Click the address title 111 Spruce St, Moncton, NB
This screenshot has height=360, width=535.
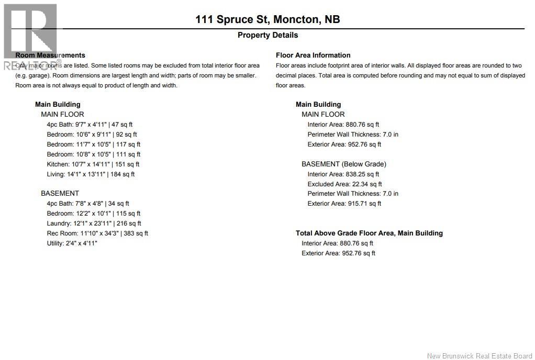click(x=267, y=19)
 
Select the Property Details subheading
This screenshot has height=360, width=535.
click(x=267, y=35)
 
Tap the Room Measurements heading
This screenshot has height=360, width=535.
click(x=50, y=55)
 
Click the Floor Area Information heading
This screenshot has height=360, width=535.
click(x=313, y=55)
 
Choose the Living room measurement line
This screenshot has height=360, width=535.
click(x=91, y=174)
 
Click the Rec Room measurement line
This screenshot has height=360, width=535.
click(x=97, y=233)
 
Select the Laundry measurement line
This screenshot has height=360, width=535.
click(x=94, y=223)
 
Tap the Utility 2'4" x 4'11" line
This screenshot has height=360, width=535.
click(x=72, y=243)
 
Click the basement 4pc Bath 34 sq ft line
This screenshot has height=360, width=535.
click(x=88, y=204)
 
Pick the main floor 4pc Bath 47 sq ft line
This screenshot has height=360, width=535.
click(x=90, y=125)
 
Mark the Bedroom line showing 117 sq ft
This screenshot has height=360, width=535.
click(x=93, y=144)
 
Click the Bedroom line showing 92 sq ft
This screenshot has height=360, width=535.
click(x=92, y=134)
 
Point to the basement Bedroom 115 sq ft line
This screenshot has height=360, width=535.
click(x=93, y=213)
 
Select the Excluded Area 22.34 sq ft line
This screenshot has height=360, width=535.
click(x=344, y=184)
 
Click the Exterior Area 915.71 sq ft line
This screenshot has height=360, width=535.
click(x=344, y=204)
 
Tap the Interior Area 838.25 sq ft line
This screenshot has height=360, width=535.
click(x=343, y=174)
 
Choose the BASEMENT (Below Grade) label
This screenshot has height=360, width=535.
click(x=343, y=164)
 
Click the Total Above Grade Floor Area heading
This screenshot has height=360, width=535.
click(x=369, y=233)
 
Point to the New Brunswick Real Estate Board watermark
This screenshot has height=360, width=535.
click(x=480, y=356)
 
